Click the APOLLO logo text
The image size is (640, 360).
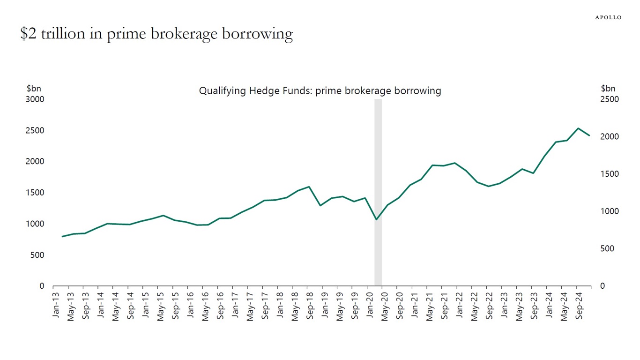point(608,17)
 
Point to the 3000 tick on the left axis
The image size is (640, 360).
point(35,99)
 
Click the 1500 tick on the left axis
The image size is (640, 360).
point(35,193)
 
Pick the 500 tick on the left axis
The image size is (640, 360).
point(38,255)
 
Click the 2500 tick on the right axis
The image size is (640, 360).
point(610,99)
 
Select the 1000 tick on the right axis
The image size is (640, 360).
point(610,211)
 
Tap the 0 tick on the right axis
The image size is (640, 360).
point(603,286)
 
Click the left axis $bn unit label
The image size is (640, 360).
point(33,89)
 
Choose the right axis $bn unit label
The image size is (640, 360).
point(608,89)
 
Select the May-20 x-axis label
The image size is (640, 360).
point(385,307)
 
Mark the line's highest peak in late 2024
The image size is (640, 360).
point(578,128)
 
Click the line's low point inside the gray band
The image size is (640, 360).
point(376,219)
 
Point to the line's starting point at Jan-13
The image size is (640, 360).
point(62,236)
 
